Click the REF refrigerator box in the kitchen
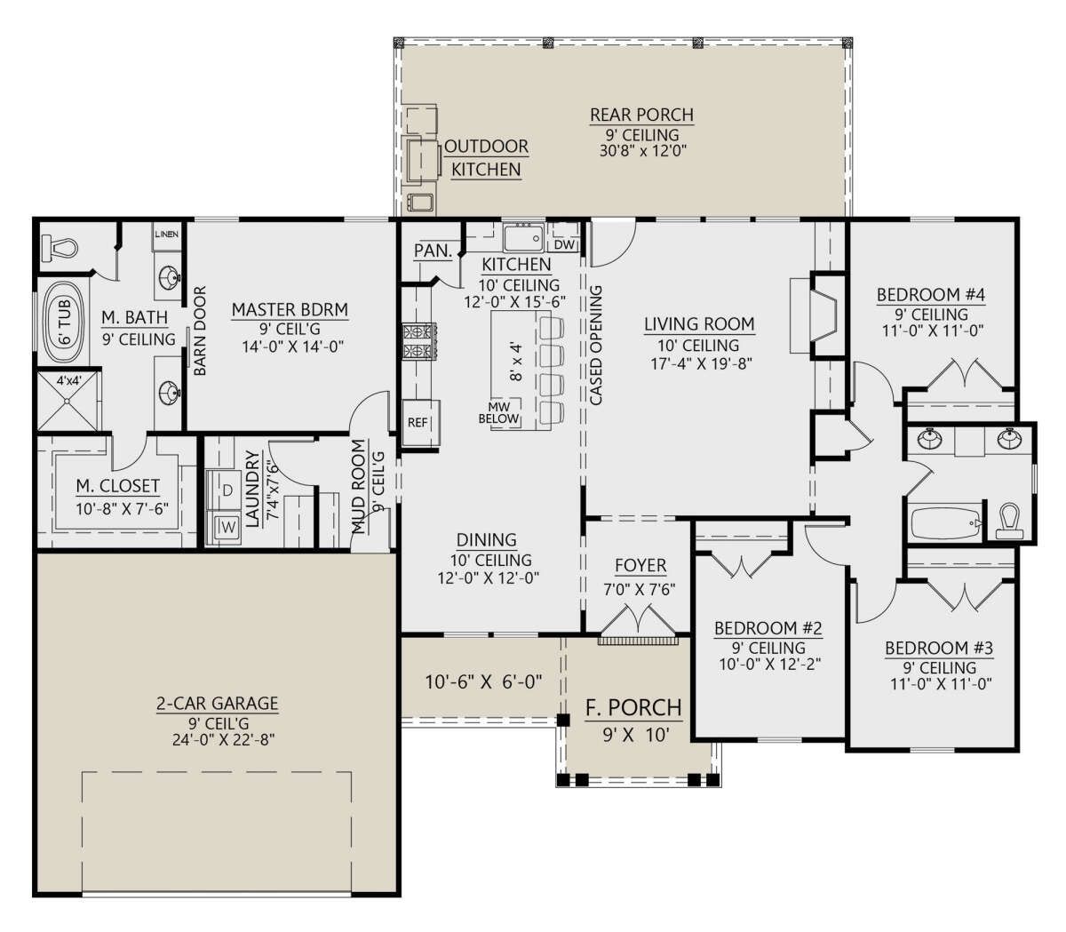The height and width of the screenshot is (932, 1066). [421, 423]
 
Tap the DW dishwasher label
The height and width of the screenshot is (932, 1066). [564, 244]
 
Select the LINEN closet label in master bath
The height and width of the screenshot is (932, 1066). [166, 235]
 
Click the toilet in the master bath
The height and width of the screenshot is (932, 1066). [59, 248]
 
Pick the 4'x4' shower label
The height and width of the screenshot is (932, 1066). [68, 381]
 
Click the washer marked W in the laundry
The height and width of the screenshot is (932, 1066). [224, 527]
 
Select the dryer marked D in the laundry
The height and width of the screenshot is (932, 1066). [224, 490]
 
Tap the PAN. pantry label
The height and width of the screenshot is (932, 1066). [433, 251]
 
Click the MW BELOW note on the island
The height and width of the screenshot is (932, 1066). [499, 412]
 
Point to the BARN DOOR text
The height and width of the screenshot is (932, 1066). [200, 331]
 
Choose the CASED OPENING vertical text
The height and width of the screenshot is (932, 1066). [595, 345]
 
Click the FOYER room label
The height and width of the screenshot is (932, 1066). [640, 565]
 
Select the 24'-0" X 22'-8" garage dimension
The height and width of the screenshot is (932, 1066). [224, 739]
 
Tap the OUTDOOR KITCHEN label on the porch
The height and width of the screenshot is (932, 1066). [486, 158]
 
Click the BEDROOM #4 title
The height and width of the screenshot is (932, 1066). [931, 295]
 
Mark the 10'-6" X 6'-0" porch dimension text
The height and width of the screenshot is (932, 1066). [483, 682]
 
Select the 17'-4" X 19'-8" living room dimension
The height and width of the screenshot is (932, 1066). [700, 363]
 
